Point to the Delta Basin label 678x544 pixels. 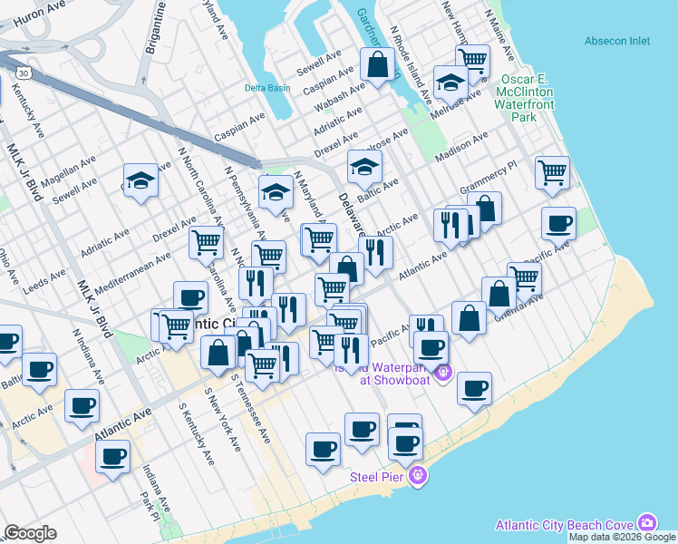(267, 88)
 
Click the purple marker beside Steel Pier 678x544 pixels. (417, 475)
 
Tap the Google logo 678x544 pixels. (30, 533)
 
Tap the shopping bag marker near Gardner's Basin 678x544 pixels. (378, 64)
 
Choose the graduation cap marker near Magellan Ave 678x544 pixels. (141, 180)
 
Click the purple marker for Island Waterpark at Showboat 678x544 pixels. (443, 372)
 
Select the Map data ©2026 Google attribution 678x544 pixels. (622, 537)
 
